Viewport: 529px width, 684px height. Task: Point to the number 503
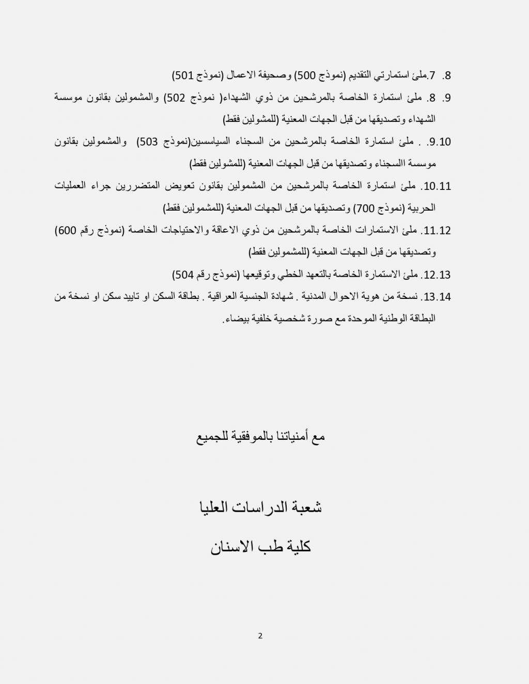pyautogui.click(x=149, y=142)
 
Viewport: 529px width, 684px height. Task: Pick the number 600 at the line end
pyautogui.click(x=67, y=231)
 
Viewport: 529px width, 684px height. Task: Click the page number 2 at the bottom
pyautogui.click(x=260, y=635)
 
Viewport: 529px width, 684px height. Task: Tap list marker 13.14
pyautogui.click(x=437, y=297)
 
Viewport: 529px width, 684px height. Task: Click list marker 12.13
pyautogui.click(x=437, y=275)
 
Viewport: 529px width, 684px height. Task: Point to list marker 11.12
pyautogui.click(x=437, y=231)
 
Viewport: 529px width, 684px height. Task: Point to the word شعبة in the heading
pyautogui.click(x=307, y=507)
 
